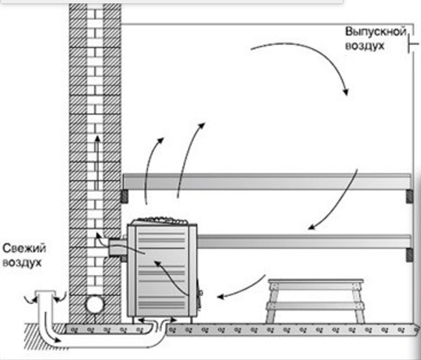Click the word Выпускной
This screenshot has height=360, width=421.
tap(375, 32)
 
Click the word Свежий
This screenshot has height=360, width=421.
tap(24, 248)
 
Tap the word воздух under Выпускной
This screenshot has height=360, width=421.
tap(365, 46)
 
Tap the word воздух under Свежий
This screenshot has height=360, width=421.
tap(22, 263)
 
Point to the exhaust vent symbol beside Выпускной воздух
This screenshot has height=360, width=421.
tap(412, 44)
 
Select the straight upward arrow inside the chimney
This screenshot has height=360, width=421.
tap(97, 163)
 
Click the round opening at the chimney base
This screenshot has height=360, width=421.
tap(95, 304)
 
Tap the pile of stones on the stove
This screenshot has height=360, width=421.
tap(161, 221)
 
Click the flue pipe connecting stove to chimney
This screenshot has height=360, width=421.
tap(118, 247)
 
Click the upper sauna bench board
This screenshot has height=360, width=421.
tap(267, 182)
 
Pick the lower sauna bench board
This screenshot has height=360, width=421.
tap(304, 241)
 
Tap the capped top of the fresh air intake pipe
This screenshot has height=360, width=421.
tap(45, 293)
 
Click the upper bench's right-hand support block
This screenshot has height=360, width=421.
tap(409, 196)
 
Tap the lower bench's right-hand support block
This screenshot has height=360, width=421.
tap(409, 255)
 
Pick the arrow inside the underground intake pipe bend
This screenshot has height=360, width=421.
tap(50, 328)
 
